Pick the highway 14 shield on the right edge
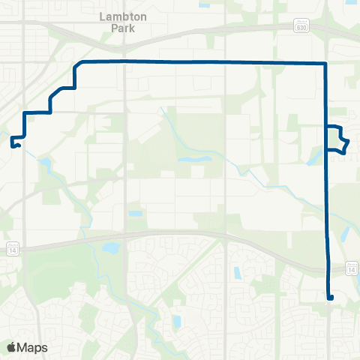(x=351, y=268)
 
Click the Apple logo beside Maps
(x=12, y=347)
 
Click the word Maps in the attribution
(x=33, y=347)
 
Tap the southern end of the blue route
(x=330, y=298)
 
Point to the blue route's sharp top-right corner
(x=325, y=63)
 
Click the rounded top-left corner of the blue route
(x=77, y=64)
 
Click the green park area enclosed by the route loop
(x=335, y=139)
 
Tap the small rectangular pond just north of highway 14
(x=135, y=214)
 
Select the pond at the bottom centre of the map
(x=178, y=322)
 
